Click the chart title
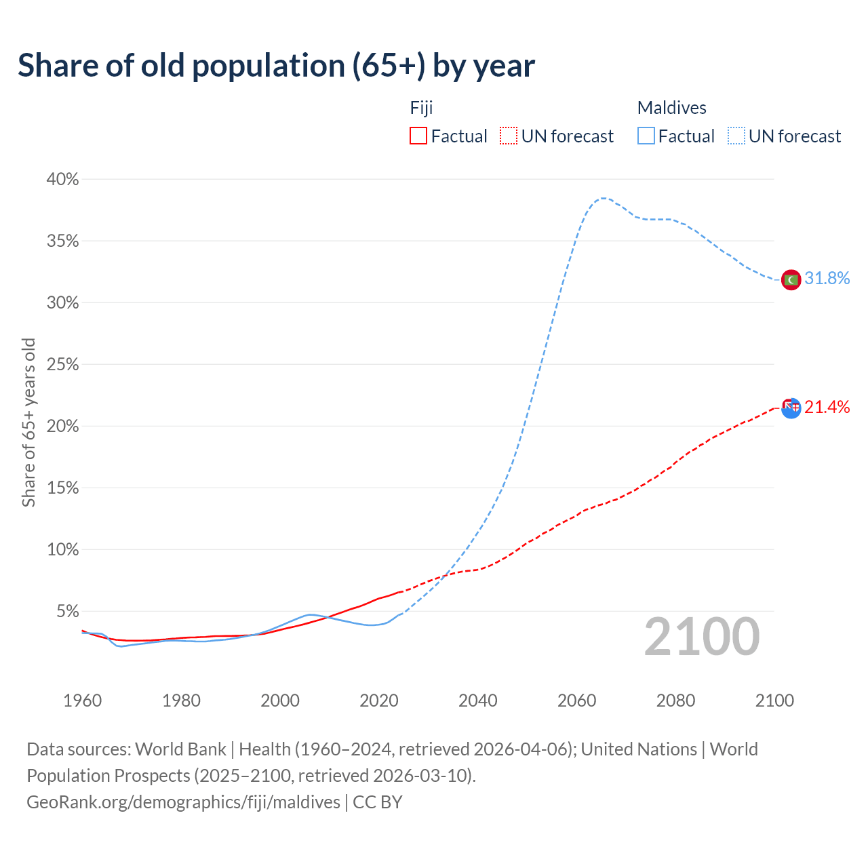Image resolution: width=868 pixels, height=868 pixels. click(x=276, y=66)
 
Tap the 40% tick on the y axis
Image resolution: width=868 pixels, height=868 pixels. click(x=62, y=180)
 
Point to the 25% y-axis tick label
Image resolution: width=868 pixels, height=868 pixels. click(x=62, y=365)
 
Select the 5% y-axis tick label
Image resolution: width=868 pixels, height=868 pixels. click(x=67, y=612)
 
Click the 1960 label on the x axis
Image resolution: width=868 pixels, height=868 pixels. click(x=82, y=701)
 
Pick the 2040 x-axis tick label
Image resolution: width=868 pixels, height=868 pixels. click(x=478, y=701)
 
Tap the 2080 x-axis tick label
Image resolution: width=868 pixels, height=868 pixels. click(x=675, y=701)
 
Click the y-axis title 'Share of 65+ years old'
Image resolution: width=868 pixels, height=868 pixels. click(x=28, y=422)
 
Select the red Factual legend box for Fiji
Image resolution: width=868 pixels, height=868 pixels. click(x=418, y=136)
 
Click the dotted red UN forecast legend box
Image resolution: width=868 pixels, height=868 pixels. click(x=509, y=136)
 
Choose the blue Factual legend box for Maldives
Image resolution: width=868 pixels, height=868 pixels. click(x=646, y=136)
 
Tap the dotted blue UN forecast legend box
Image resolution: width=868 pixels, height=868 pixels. click(x=736, y=136)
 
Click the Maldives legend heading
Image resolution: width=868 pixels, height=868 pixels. click(x=671, y=108)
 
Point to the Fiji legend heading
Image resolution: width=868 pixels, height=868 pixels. click(x=421, y=108)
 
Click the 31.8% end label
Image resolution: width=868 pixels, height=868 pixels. click(x=827, y=279)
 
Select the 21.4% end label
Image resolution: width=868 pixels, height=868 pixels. click(x=827, y=407)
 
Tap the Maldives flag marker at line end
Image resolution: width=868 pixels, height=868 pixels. click(x=791, y=279)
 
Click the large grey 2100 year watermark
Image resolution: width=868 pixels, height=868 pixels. click(x=702, y=637)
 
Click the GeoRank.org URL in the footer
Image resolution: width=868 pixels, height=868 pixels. click(x=183, y=802)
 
